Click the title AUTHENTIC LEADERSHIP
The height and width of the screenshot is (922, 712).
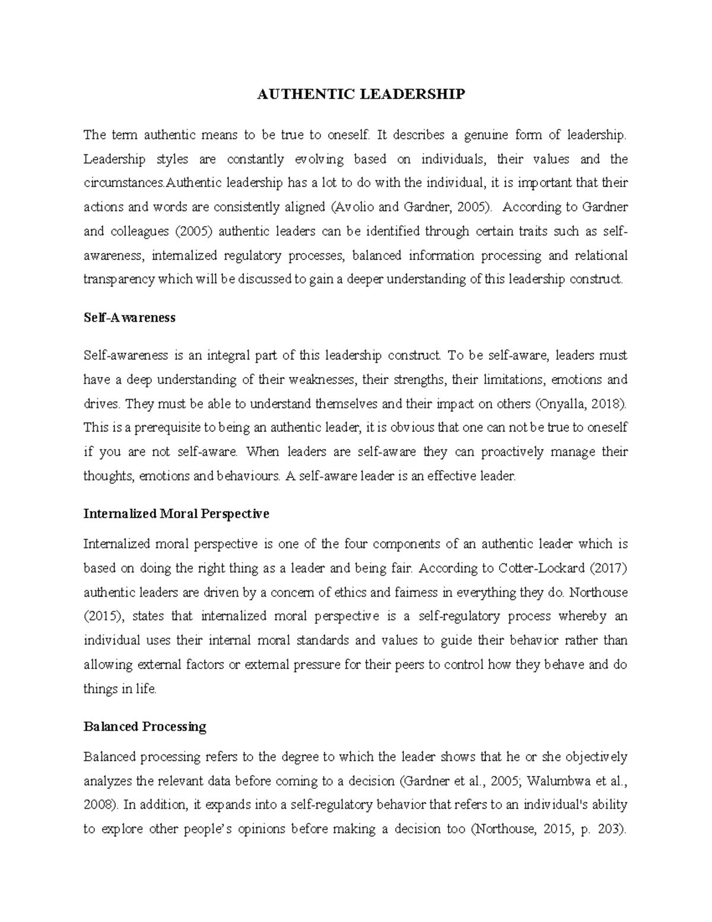[361, 94]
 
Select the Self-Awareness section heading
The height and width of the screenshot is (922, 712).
[129, 318]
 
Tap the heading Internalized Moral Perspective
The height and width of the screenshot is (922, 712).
[176, 514]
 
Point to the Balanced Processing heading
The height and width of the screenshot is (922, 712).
[145, 727]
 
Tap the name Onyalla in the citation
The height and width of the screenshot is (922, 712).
[561, 404]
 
